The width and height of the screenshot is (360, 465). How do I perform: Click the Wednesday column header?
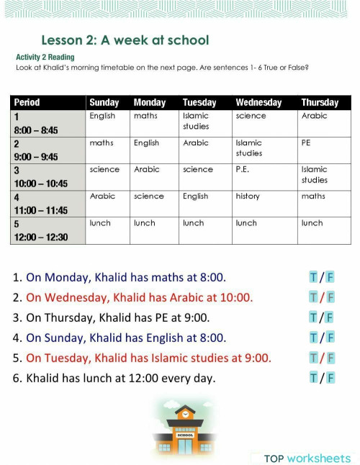tap(258, 103)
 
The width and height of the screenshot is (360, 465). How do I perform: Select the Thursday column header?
tap(320, 103)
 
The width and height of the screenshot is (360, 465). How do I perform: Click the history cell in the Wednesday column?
tap(248, 196)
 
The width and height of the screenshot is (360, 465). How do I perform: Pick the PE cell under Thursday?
tap(306, 143)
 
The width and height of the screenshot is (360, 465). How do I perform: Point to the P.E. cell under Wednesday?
tap(243, 169)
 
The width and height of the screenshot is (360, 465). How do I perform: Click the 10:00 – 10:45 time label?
tap(41, 184)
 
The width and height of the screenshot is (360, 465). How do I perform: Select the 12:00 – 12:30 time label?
tap(41, 237)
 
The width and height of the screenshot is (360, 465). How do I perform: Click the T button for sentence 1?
tap(313, 277)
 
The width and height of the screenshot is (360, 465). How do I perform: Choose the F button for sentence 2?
tap(330, 297)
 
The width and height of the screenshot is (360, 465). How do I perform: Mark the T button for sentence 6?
tap(313, 378)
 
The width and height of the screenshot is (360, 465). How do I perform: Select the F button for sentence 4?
tap(330, 338)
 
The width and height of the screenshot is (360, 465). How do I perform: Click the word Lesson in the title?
tap(63, 40)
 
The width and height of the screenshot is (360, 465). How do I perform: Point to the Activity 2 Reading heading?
tap(45, 57)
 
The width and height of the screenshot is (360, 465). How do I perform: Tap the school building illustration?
tap(185, 426)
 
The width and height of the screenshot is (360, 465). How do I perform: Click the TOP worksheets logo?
tap(307, 459)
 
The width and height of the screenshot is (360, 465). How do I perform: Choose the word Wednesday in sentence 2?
tap(76, 297)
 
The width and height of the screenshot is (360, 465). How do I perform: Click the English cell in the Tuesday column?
tap(195, 196)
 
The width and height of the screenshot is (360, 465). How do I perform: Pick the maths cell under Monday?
tap(145, 116)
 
